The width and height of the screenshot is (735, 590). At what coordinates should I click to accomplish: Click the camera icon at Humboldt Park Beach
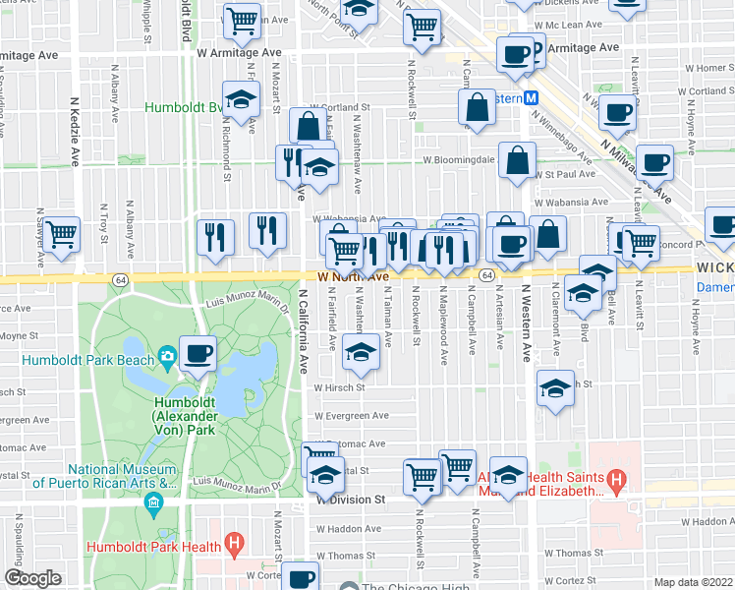coord(168,356)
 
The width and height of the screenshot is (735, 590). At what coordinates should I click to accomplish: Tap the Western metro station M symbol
coord(531,99)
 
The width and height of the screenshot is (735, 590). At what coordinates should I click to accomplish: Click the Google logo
coord(32,578)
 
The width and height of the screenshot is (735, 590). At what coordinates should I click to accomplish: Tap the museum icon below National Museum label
coord(153,506)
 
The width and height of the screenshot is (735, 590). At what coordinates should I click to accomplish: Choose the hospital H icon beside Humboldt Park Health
coord(234,542)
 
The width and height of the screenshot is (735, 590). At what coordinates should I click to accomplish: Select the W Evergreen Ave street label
coord(351,416)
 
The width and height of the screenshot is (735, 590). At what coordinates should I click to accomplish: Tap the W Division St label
coord(353,500)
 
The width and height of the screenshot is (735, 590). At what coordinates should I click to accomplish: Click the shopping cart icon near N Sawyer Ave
coord(61,236)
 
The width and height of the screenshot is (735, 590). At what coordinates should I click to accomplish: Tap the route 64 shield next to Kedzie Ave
coord(119,279)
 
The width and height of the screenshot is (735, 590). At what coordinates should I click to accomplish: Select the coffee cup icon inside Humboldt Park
coord(198,352)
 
